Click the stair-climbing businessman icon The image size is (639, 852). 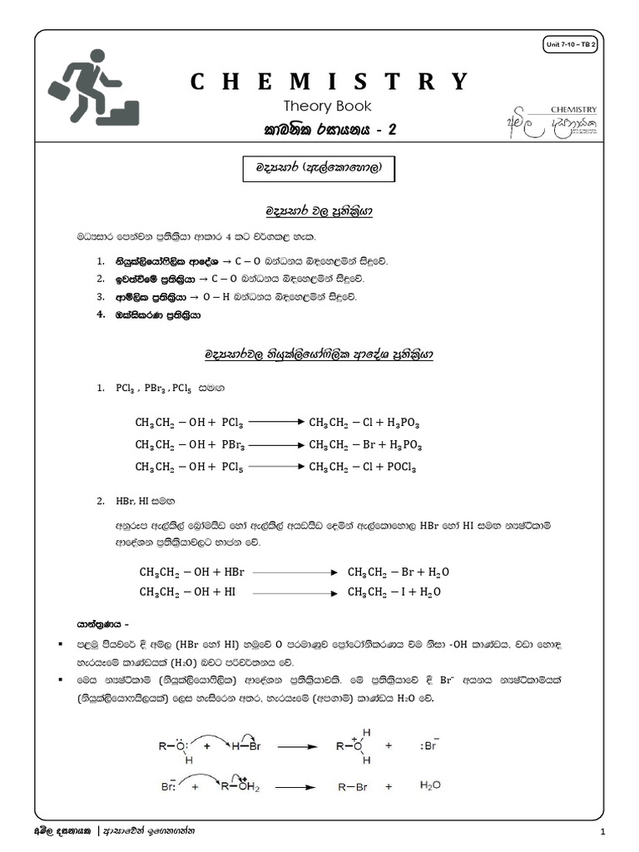pyautogui.click(x=93, y=87)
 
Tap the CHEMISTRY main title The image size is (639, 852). pyautogui.click(x=329, y=82)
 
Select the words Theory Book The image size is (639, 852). pyautogui.click(x=327, y=106)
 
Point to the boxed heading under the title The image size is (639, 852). pyautogui.click(x=317, y=168)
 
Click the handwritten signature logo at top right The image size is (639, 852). pyautogui.click(x=553, y=122)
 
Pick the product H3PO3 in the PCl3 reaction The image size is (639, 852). pyautogui.click(x=404, y=423)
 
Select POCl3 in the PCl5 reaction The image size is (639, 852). pyautogui.click(x=399, y=467)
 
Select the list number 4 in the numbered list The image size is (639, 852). pyautogui.click(x=99, y=315)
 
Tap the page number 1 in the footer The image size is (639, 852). pyautogui.click(x=601, y=833)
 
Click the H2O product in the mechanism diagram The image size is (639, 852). pyautogui.click(x=430, y=785)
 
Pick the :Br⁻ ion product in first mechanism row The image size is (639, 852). pyautogui.click(x=429, y=746)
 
